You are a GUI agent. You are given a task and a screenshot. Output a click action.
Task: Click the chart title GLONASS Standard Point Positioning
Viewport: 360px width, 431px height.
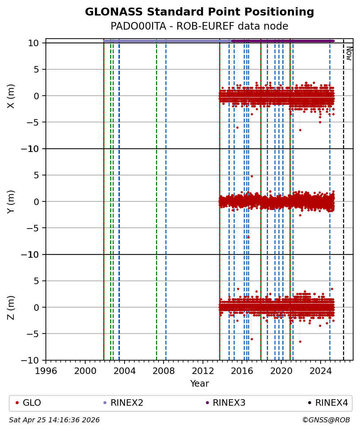(199, 12)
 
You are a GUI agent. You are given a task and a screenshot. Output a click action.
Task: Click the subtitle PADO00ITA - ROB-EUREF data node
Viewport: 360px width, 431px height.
(199, 26)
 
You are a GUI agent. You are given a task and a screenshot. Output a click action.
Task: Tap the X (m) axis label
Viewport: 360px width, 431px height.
(11, 96)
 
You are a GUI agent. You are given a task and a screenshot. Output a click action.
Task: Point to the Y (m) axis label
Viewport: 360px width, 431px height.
(11, 201)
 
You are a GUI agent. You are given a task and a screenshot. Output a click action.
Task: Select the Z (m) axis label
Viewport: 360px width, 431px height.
(11, 307)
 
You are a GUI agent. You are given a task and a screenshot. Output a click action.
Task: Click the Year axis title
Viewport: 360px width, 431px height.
(199, 384)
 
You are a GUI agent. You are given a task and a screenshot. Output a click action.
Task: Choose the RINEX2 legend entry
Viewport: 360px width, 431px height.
(123, 403)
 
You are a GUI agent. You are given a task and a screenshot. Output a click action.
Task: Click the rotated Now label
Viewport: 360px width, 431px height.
(349, 53)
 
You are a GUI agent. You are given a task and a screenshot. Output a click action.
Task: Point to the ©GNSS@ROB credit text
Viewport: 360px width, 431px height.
(326, 420)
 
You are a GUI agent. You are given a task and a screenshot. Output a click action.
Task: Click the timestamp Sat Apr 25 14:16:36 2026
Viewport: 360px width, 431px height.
(55, 420)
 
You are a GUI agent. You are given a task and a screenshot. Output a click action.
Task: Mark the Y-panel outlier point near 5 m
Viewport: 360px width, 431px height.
(252, 176)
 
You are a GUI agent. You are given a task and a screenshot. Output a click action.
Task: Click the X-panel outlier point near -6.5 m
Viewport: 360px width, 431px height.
(300, 130)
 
